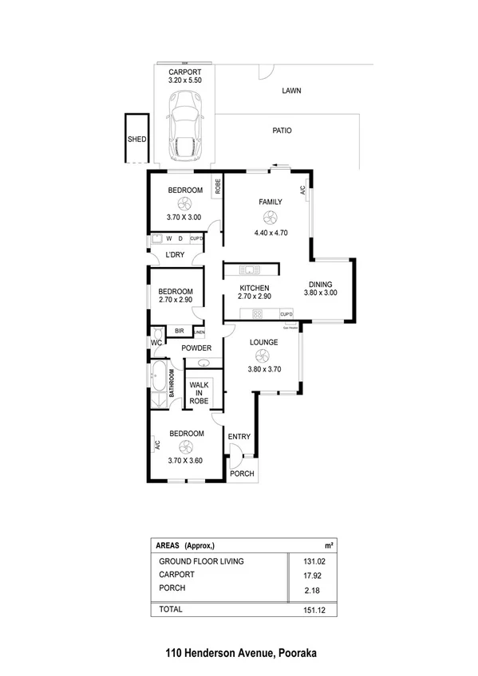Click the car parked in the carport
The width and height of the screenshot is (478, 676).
[185, 124]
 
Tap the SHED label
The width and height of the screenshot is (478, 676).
[136, 139]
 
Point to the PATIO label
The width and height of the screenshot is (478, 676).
[282, 130]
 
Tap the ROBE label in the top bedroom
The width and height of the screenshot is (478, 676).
[216, 187]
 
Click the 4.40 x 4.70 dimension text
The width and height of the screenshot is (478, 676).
[270, 233]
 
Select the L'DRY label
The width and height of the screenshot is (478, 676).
[175, 255]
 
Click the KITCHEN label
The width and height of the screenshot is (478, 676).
[255, 288]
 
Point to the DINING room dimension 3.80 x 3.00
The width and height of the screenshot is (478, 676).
[321, 293]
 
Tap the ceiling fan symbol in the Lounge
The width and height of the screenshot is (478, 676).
[263, 357]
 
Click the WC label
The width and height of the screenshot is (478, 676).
[156, 344]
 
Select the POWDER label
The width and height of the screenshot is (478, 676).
[196, 348]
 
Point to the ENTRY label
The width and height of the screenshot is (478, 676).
[239, 436]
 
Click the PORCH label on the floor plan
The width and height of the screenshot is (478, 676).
[242, 474]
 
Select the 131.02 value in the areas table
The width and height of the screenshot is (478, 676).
[310, 561]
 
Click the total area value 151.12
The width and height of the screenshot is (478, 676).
[310, 609]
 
